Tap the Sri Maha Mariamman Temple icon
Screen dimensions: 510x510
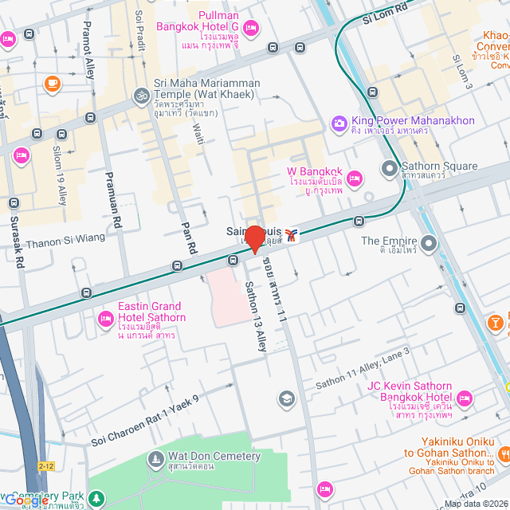pos(141,95)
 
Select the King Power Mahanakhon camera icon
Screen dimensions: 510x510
pos(339,122)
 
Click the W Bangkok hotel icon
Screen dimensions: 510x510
pos(355,176)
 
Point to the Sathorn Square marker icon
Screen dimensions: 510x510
pos(389,168)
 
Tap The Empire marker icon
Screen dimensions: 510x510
pos(429,242)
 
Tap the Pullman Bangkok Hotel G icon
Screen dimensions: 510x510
pos(249,29)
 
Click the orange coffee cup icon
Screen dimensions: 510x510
pos(52,82)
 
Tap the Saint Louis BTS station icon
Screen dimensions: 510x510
pos(292,234)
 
